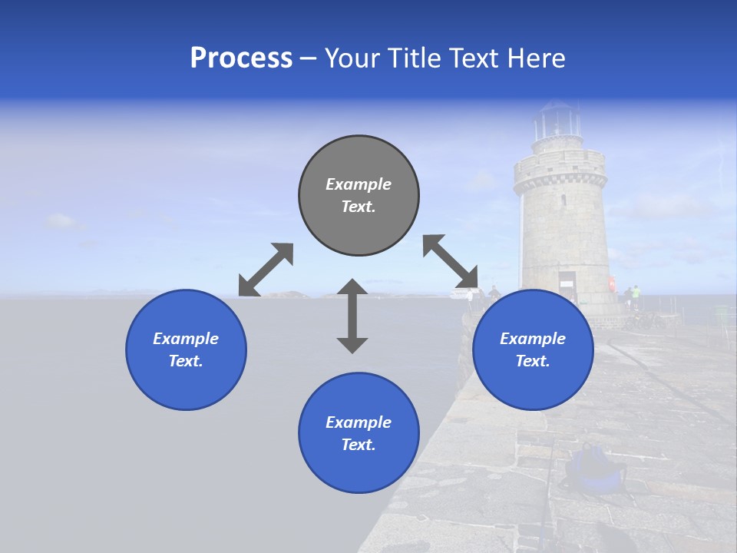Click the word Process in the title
tap(241, 58)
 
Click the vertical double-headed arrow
tap(352, 316)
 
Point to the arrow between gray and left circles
tap(266, 270)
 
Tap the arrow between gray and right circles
tap(451, 262)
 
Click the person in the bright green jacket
tap(636, 295)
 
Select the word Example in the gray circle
tap(359, 184)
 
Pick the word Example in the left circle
tap(186, 339)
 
